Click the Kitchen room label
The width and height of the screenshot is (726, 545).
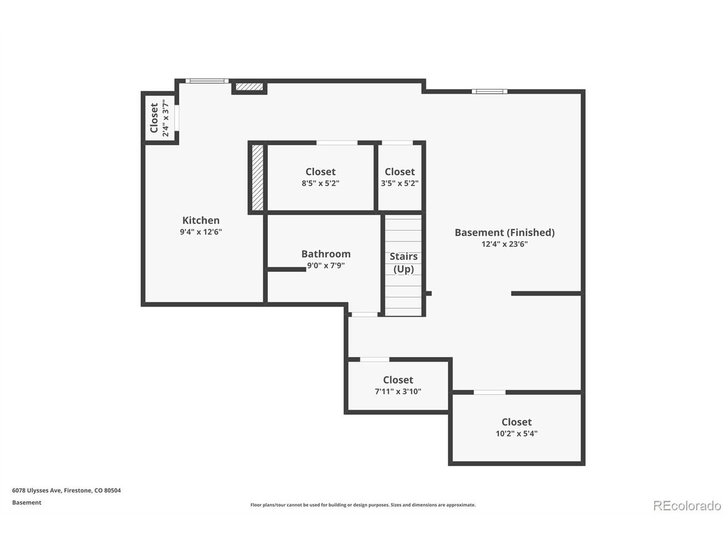201,220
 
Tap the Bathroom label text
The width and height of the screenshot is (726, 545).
326,254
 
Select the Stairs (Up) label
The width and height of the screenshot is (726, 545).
403,263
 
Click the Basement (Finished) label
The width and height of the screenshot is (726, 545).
504,233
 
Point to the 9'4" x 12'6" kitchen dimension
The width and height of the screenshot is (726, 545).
201,232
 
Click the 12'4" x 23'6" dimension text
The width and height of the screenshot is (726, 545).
504,244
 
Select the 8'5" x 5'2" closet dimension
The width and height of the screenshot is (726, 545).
320,183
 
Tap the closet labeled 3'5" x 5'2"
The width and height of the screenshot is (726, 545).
399,177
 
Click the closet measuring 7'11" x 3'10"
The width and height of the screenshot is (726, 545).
398,386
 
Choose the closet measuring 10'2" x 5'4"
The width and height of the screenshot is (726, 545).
517,428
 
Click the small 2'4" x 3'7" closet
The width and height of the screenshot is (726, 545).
160,119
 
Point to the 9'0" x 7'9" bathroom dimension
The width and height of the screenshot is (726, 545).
326,266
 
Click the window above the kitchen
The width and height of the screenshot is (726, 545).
207,81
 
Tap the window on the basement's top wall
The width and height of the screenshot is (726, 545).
489,91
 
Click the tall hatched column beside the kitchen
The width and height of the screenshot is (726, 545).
258,177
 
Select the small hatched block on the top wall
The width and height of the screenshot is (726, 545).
249,87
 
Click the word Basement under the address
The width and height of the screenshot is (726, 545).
27,502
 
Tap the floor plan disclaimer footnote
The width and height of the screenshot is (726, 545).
363,505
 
